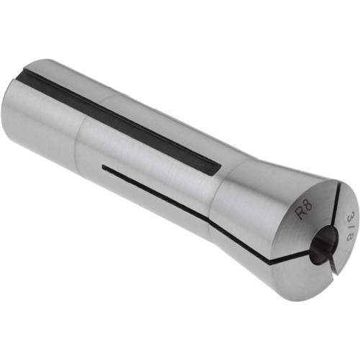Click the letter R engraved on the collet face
pyautogui.click(x=301, y=212)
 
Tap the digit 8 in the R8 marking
pyautogui.click(x=308, y=204)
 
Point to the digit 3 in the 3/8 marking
pyautogui.click(x=347, y=215)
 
